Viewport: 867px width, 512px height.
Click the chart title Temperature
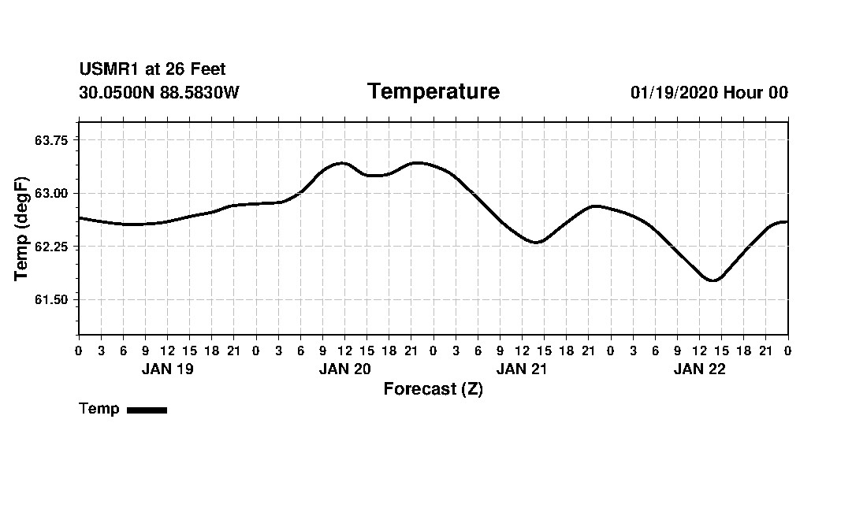(x=433, y=92)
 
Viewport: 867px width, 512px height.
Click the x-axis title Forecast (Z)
(x=433, y=389)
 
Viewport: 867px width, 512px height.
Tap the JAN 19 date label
(x=167, y=369)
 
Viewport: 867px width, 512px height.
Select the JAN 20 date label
(x=344, y=369)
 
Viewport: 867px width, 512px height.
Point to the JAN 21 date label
(x=522, y=369)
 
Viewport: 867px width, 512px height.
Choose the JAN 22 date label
(x=699, y=369)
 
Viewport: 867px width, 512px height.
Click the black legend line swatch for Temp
(x=147, y=410)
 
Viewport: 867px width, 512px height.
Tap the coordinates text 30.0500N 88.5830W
(x=159, y=93)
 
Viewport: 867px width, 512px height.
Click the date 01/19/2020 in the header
(x=674, y=93)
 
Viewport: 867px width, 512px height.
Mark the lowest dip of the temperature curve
(x=713, y=280)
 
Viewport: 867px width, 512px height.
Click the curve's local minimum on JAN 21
(x=537, y=242)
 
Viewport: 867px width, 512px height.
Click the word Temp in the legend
(x=99, y=409)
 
